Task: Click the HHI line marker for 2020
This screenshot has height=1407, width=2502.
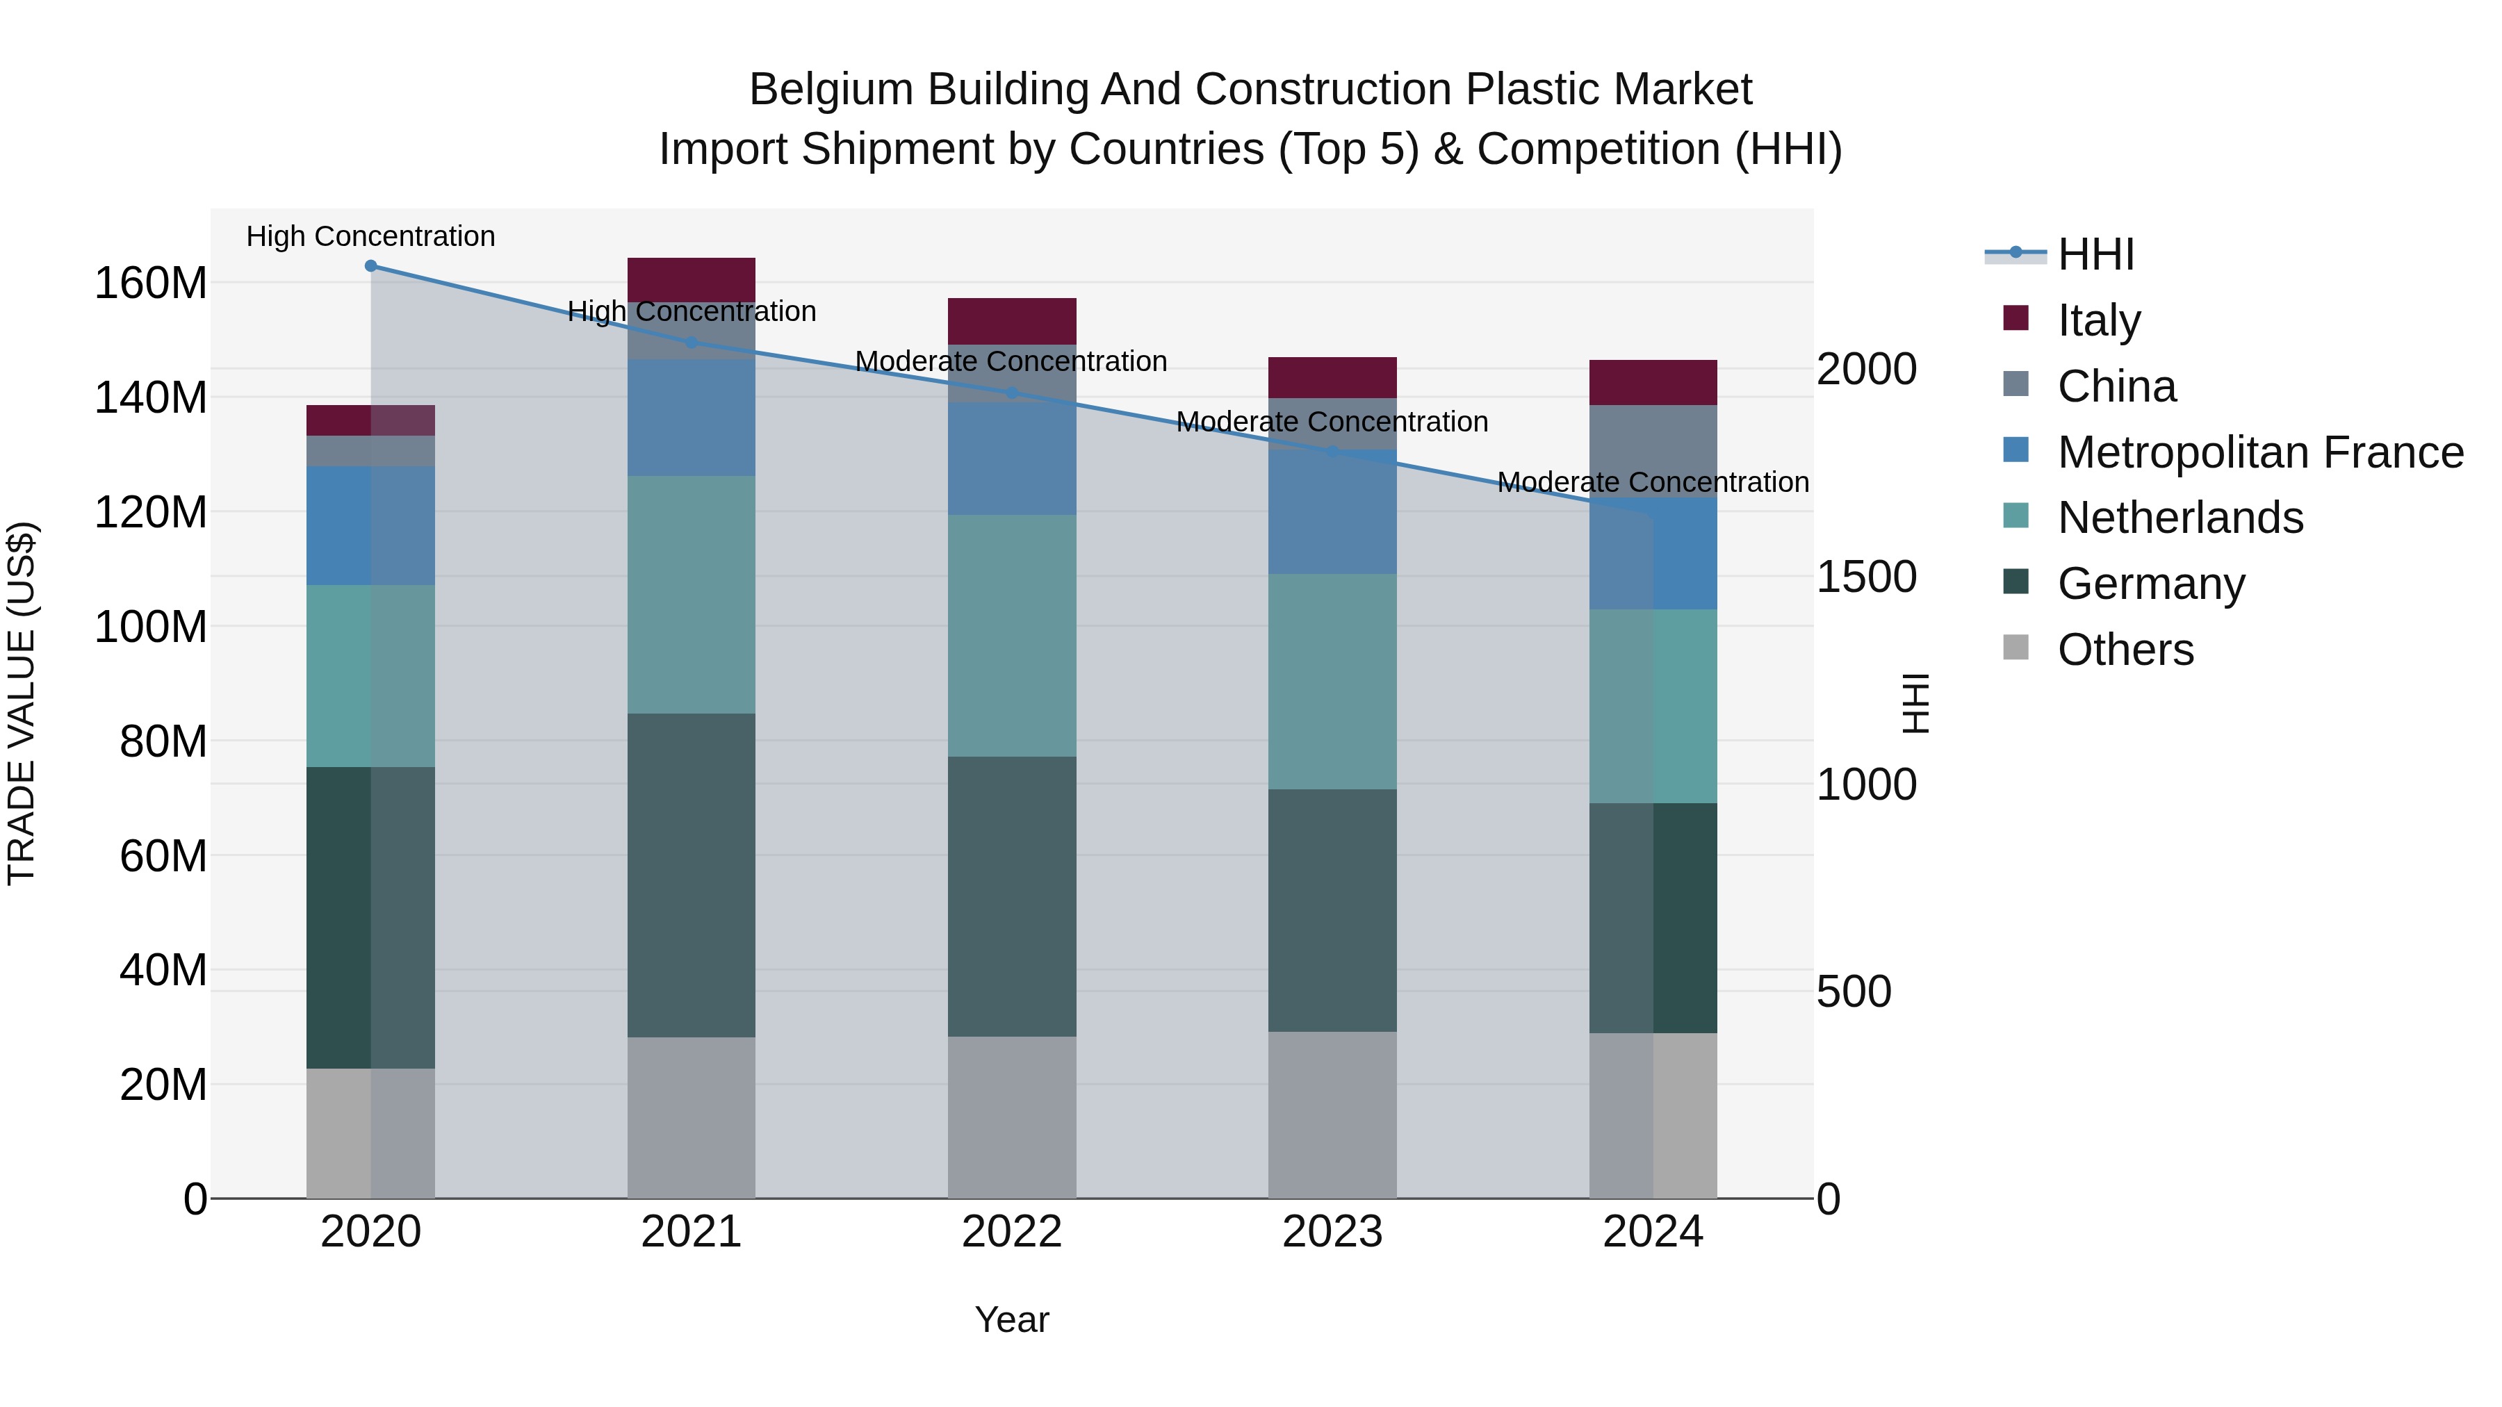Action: coord(370,265)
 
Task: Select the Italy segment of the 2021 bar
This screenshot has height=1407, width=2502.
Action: coord(691,279)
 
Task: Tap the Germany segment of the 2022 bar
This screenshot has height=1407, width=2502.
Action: coord(1011,896)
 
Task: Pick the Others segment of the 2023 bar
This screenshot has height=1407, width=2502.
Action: coord(1332,1114)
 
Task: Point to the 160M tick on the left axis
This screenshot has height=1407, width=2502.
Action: coord(151,283)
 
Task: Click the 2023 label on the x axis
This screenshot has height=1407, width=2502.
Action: coord(1332,1231)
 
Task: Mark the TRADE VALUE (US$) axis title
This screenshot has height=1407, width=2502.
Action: coord(22,703)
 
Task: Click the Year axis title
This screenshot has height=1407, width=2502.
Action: coord(1011,1319)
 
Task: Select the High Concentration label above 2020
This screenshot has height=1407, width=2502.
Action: coord(370,236)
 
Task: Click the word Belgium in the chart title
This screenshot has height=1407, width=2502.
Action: coord(831,90)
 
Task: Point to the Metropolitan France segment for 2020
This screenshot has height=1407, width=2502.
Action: coord(370,525)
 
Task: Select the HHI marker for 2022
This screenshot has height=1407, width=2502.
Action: coord(1011,393)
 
